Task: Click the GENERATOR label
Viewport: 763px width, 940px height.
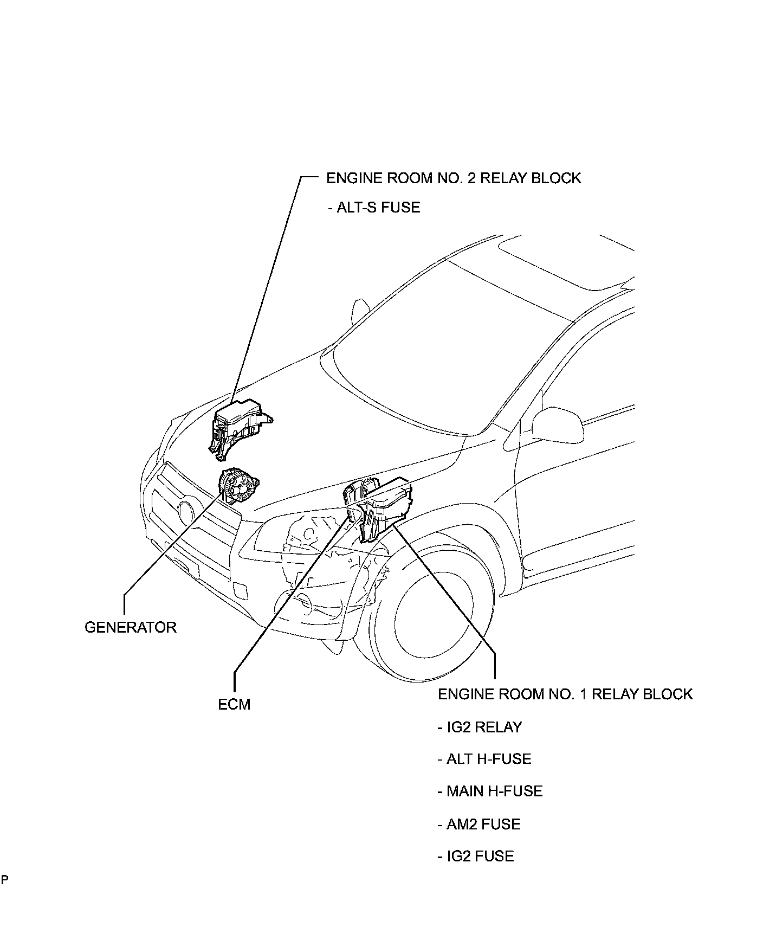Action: click(x=131, y=627)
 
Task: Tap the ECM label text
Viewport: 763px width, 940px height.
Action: click(x=234, y=704)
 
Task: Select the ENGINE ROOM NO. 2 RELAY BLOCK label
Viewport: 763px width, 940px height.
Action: click(x=453, y=178)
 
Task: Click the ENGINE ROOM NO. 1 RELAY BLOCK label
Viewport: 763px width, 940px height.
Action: click(x=565, y=694)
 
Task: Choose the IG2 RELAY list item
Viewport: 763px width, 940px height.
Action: click(x=479, y=727)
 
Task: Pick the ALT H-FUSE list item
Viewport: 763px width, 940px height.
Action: click(x=484, y=759)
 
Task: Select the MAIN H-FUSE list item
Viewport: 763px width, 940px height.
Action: click(x=490, y=791)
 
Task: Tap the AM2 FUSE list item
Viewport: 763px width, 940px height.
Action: click(x=479, y=824)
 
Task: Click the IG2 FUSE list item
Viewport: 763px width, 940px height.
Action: click(x=475, y=857)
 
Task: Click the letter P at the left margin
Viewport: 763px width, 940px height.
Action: click(x=4, y=879)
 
